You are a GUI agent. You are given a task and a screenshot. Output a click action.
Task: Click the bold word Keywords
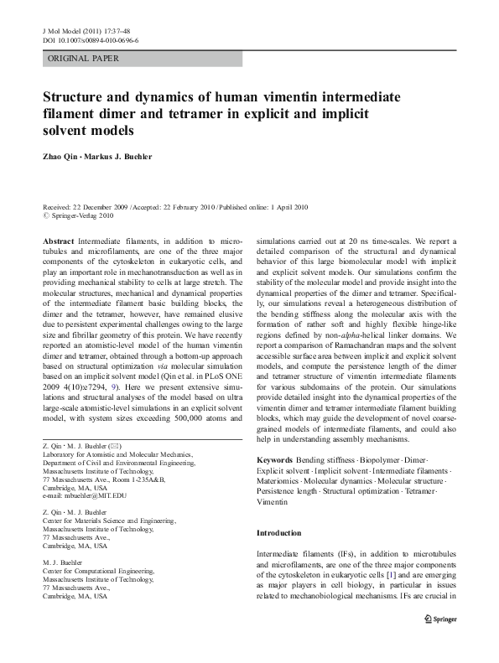click(x=275, y=461)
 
